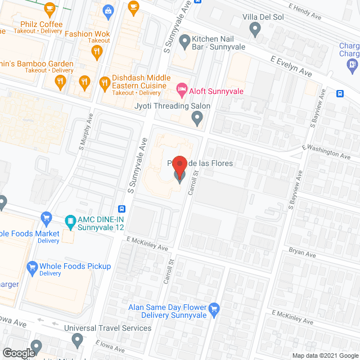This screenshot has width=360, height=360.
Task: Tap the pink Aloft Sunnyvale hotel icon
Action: point(182,88)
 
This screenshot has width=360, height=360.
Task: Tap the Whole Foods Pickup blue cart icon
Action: point(31,266)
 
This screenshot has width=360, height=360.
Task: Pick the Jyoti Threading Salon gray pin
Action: point(197,118)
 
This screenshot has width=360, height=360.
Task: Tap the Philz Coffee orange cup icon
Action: point(49,9)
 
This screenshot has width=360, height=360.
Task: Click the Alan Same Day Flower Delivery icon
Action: point(213,309)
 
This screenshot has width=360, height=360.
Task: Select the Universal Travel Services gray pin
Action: point(78,340)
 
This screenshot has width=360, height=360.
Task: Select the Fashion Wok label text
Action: point(87,34)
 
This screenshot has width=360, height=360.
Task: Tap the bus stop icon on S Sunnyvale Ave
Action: point(121,209)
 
